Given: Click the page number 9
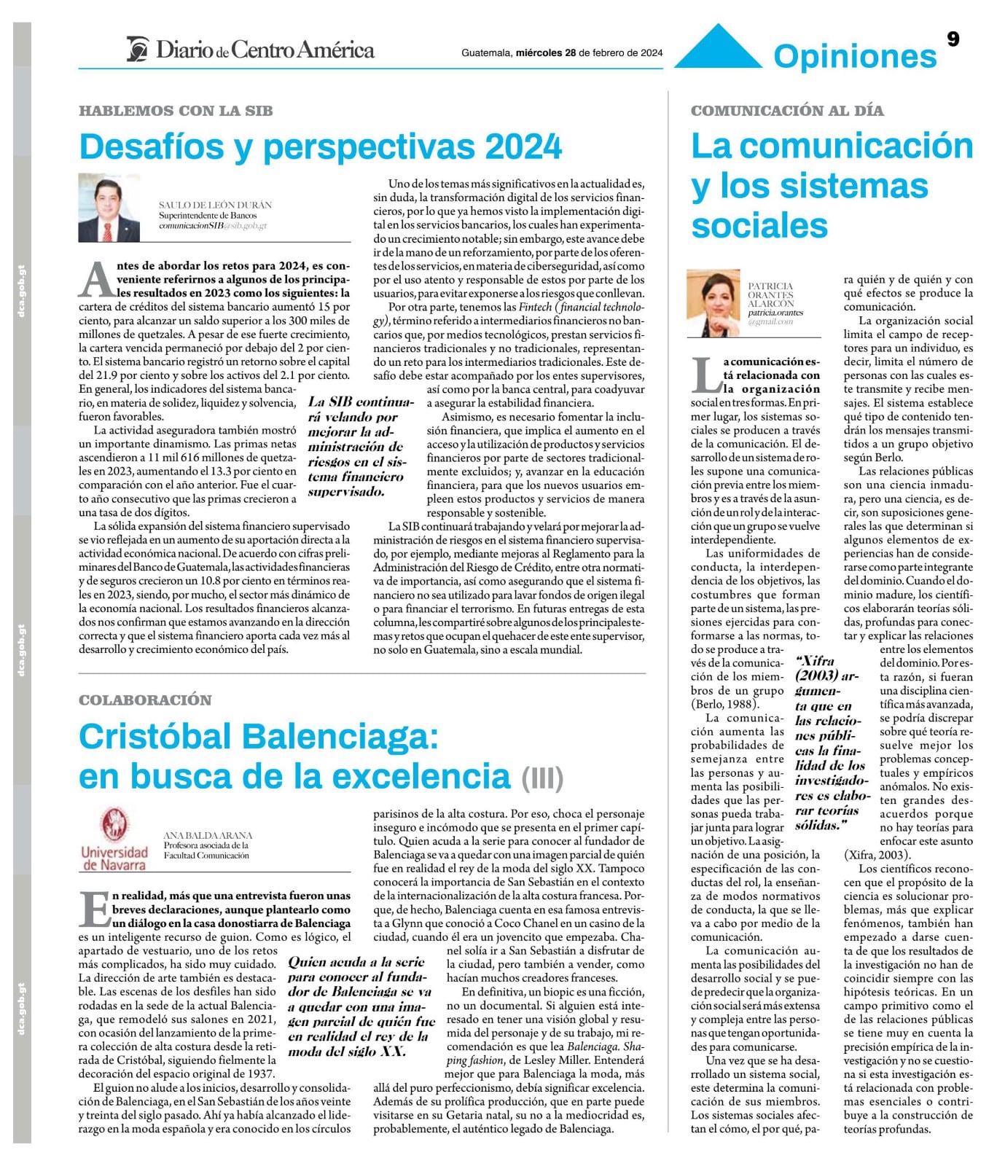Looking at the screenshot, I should click(x=953, y=39).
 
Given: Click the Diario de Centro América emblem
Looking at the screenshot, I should click(x=138, y=50).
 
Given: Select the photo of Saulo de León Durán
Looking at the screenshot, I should click(x=109, y=208).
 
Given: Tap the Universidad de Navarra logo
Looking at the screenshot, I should click(x=114, y=839).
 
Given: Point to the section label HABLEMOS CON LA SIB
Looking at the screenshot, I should click(x=176, y=111).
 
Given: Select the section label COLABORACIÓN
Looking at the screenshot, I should click(x=145, y=700).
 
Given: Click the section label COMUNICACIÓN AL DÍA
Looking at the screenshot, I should click(x=787, y=111).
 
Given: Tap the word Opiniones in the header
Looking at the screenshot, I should click(x=854, y=56).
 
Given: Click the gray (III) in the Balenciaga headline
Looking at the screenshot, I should click(x=542, y=778).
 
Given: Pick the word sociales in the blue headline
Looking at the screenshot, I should click(x=759, y=224).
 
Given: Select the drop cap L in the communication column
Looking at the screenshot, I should click(x=705, y=375).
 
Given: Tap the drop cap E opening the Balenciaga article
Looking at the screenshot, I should click(x=94, y=909).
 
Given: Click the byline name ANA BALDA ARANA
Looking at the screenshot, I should click(x=208, y=835).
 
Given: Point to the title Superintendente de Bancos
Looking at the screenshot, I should click(x=208, y=216).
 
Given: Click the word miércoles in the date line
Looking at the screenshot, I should click(x=539, y=52).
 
